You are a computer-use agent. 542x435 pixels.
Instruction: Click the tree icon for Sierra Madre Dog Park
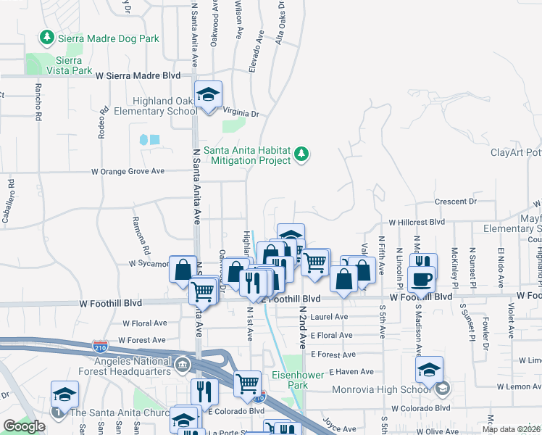(x=48, y=37)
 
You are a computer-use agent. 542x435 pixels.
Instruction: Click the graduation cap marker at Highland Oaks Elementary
(x=209, y=94)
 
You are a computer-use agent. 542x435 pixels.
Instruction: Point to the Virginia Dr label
(x=241, y=114)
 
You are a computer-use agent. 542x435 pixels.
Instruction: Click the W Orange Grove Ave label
(x=128, y=172)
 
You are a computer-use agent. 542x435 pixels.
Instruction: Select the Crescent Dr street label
(x=456, y=201)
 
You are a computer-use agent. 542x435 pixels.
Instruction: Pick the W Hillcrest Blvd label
(x=417, y=223)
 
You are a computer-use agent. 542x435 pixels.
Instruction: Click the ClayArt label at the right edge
(x=515, y=152)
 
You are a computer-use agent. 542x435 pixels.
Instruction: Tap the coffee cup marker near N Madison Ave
(x=422, y=279)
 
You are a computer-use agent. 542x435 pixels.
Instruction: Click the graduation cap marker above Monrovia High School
(x=430, y=370)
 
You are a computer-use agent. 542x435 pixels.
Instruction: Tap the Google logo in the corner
(x=24, y=426)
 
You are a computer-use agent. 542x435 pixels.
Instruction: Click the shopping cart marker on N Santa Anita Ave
(x=204, y=291)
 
